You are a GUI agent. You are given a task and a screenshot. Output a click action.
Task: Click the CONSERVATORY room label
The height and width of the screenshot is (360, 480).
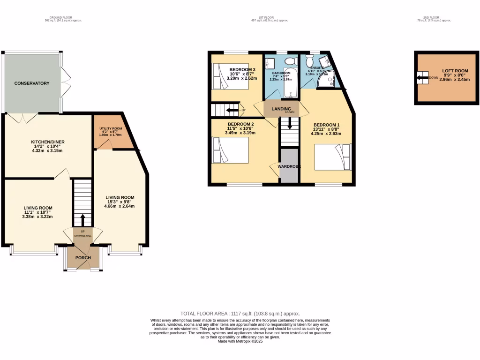[32, 83]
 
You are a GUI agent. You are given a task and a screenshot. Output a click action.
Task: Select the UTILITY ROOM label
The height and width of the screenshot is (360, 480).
[111, 128]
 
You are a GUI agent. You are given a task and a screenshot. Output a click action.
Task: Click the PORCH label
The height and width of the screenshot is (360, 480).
[83, 258]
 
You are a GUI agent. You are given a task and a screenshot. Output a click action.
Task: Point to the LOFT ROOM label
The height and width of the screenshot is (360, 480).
[455, 70]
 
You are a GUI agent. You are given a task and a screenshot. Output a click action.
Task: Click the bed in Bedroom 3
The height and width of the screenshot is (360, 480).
[230, 76]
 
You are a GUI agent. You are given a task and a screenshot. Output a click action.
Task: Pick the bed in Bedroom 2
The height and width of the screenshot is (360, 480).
[230, 150]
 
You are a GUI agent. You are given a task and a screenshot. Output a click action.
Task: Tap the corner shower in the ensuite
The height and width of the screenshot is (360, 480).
[327, 80]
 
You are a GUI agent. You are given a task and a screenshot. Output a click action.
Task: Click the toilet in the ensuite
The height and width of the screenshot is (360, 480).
[309, 61]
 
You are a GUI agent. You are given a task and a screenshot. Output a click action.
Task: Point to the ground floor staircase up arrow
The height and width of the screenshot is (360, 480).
[83, 219]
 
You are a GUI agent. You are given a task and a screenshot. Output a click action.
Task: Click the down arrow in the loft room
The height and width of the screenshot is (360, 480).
[422, 78]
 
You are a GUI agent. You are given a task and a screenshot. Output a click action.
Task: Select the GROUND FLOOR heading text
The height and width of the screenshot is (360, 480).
[57, 18]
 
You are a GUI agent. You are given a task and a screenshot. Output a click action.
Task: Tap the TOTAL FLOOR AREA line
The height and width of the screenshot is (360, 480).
[240, 314]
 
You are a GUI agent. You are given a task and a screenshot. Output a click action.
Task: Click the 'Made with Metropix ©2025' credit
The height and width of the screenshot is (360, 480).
[240, 341]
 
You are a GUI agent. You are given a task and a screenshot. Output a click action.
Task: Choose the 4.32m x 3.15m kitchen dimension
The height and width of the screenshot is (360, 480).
[47, 150]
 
